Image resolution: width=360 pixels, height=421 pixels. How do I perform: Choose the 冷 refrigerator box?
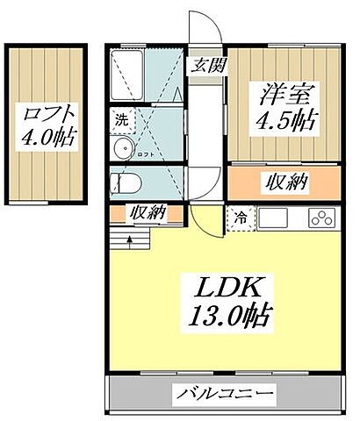click(x=238, y=217)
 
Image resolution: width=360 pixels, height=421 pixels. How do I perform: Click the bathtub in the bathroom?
click(x=129, y=74)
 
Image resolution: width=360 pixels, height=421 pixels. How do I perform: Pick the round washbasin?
click(x=122, y=146)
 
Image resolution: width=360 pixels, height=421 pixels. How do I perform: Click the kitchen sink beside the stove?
click(x=274, y=217)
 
